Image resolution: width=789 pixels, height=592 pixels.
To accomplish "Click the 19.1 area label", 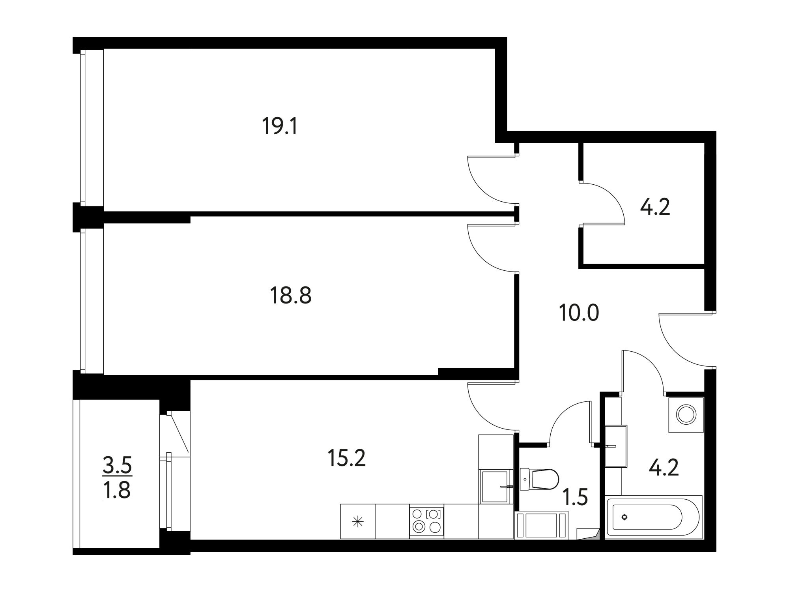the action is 280,127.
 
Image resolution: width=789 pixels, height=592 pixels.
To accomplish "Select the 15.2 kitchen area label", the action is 347,458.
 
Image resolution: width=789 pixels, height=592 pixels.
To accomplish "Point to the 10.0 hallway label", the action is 579,313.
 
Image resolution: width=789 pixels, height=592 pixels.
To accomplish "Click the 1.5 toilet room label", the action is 575,497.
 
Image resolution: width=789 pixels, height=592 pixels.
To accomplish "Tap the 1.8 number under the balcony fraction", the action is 117,491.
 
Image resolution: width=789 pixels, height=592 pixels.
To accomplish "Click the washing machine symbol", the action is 686,415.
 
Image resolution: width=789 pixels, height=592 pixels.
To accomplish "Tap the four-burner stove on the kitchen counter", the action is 426,521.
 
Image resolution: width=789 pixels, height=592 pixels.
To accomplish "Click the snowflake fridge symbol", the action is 357,523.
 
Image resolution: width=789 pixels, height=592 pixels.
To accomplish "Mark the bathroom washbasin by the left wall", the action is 616,446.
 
